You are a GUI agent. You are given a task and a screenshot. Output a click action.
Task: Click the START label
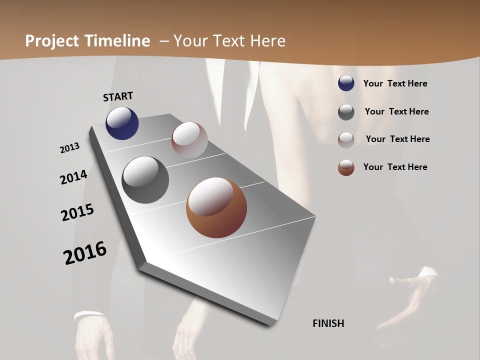pyautogui.click(x=118, y=96)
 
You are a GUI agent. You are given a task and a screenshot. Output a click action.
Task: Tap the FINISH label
pyautogui.click(x=328, y=323)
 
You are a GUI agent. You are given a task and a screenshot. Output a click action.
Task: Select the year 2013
pyautogui.click(x=69, y=148)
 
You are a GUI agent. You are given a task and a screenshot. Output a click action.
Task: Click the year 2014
pyautogui.click(x=73, y=177)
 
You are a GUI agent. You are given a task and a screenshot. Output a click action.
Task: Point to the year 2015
pyautogui.click(x=77, y=212)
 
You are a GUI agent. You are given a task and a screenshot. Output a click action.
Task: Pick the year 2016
pyautogui.click(x=85, y=253)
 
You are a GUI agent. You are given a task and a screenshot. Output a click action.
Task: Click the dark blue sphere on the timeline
pyautogui.click(x=122, y=123)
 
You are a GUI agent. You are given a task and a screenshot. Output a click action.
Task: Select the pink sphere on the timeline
pyautogui.click(x=189, y=140)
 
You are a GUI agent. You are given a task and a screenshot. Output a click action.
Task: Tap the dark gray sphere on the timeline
pyautogui.click(x=145, y=180)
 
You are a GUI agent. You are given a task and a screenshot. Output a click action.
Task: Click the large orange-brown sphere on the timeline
pyautogui.click(x=216, y=207)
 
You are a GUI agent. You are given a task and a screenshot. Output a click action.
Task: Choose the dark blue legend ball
pyautogui.click(x=346, y=83)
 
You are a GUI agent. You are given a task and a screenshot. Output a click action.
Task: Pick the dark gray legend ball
pyautogui.click(x=346, y=111)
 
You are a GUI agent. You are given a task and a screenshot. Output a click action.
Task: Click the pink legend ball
pyautogui.click(x=346, y=139)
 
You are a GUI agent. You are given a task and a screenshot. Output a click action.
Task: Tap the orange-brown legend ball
pyautogui.click(x=346, y=167)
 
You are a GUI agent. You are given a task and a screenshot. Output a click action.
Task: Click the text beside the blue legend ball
pyautogui.click(x=395, y=83)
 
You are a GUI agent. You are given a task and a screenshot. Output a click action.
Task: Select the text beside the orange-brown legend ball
pyautogui.click(x=395, y=167)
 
